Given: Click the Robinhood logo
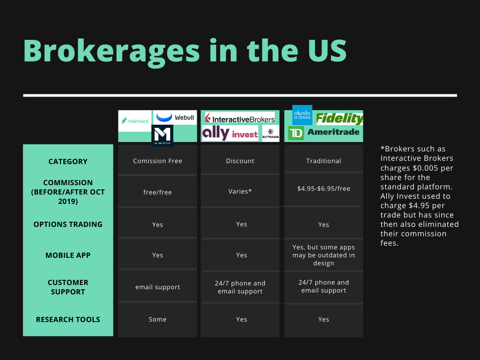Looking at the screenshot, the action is point(135,121).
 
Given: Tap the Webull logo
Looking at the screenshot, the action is point(175,118).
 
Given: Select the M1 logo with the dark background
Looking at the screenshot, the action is point(162,135).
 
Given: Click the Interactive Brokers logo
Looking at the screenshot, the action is point(240,118).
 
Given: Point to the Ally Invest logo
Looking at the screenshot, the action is point(230,134).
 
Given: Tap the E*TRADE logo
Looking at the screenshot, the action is point(270,133).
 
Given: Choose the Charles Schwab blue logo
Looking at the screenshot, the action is point(302,115).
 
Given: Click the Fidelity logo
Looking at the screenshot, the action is point(339,119).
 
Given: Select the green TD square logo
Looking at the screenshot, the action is point(296,133).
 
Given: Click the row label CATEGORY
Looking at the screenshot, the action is point(68,161).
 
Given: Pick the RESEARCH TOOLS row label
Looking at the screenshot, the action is point(68,319).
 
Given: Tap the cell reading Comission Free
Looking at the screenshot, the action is point(157,161).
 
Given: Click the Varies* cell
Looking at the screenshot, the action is point(240,191).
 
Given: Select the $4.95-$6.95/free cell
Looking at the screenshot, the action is point(323,188).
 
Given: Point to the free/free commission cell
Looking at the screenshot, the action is point(157,192).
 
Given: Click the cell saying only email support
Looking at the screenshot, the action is point(157,287).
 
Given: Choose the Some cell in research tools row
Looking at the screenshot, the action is point(157,319).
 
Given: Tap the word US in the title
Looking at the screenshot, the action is point(327,51).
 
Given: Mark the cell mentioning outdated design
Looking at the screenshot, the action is point(323,255).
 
